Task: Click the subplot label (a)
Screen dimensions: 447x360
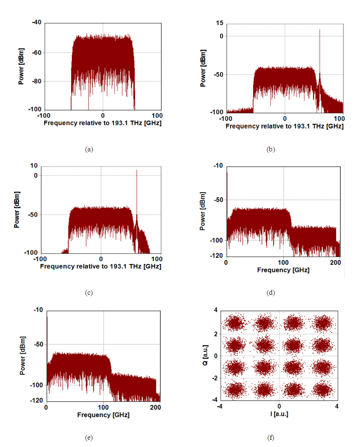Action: (89, 150)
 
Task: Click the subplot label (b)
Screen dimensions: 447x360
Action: (270, 150)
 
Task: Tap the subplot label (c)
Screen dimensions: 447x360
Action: (89, 293)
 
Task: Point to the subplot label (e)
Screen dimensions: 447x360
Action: (89, 437)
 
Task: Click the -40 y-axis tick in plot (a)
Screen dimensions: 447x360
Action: (37, 23)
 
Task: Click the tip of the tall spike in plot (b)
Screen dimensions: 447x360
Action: (320, 30)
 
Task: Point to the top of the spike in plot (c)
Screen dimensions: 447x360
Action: (137, 170)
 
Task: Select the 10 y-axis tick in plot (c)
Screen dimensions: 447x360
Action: (34, 166)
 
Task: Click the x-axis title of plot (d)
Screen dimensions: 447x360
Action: (283, 270)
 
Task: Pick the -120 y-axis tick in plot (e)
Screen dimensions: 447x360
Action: (37, 401)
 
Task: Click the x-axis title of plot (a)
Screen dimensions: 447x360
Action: (102, 123)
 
